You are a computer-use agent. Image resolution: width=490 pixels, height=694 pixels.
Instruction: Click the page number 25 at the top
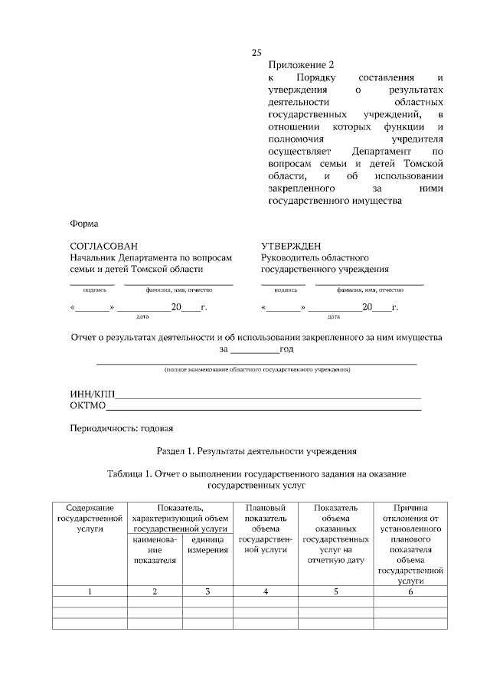pos(256,53)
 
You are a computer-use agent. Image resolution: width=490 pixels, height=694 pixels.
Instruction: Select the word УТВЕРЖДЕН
pos(291,246)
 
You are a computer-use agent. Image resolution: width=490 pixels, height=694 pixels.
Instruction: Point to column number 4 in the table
pos(265,591)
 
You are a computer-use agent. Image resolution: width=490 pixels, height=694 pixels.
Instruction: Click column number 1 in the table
pos(90,591)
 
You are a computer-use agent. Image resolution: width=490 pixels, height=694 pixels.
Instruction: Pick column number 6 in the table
pos(410,591)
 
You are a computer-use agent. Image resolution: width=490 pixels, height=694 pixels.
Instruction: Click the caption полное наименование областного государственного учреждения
pos(258,370)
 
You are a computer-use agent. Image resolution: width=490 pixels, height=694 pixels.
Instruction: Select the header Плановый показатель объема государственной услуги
pos(265,529)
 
